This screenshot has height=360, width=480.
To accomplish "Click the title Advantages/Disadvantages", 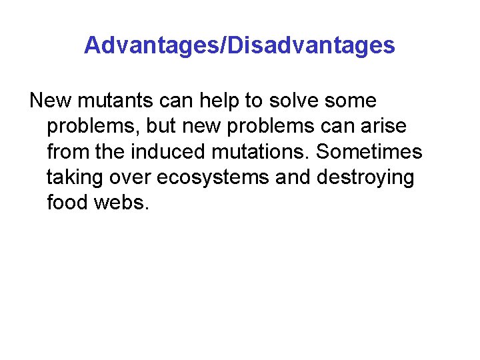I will coord(239,46).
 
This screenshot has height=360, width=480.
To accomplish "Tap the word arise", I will coord(383,127).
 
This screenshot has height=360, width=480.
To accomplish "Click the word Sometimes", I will coord(369,152).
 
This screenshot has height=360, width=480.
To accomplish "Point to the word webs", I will coord(122,202).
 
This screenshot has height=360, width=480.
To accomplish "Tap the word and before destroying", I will coord(294,178).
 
